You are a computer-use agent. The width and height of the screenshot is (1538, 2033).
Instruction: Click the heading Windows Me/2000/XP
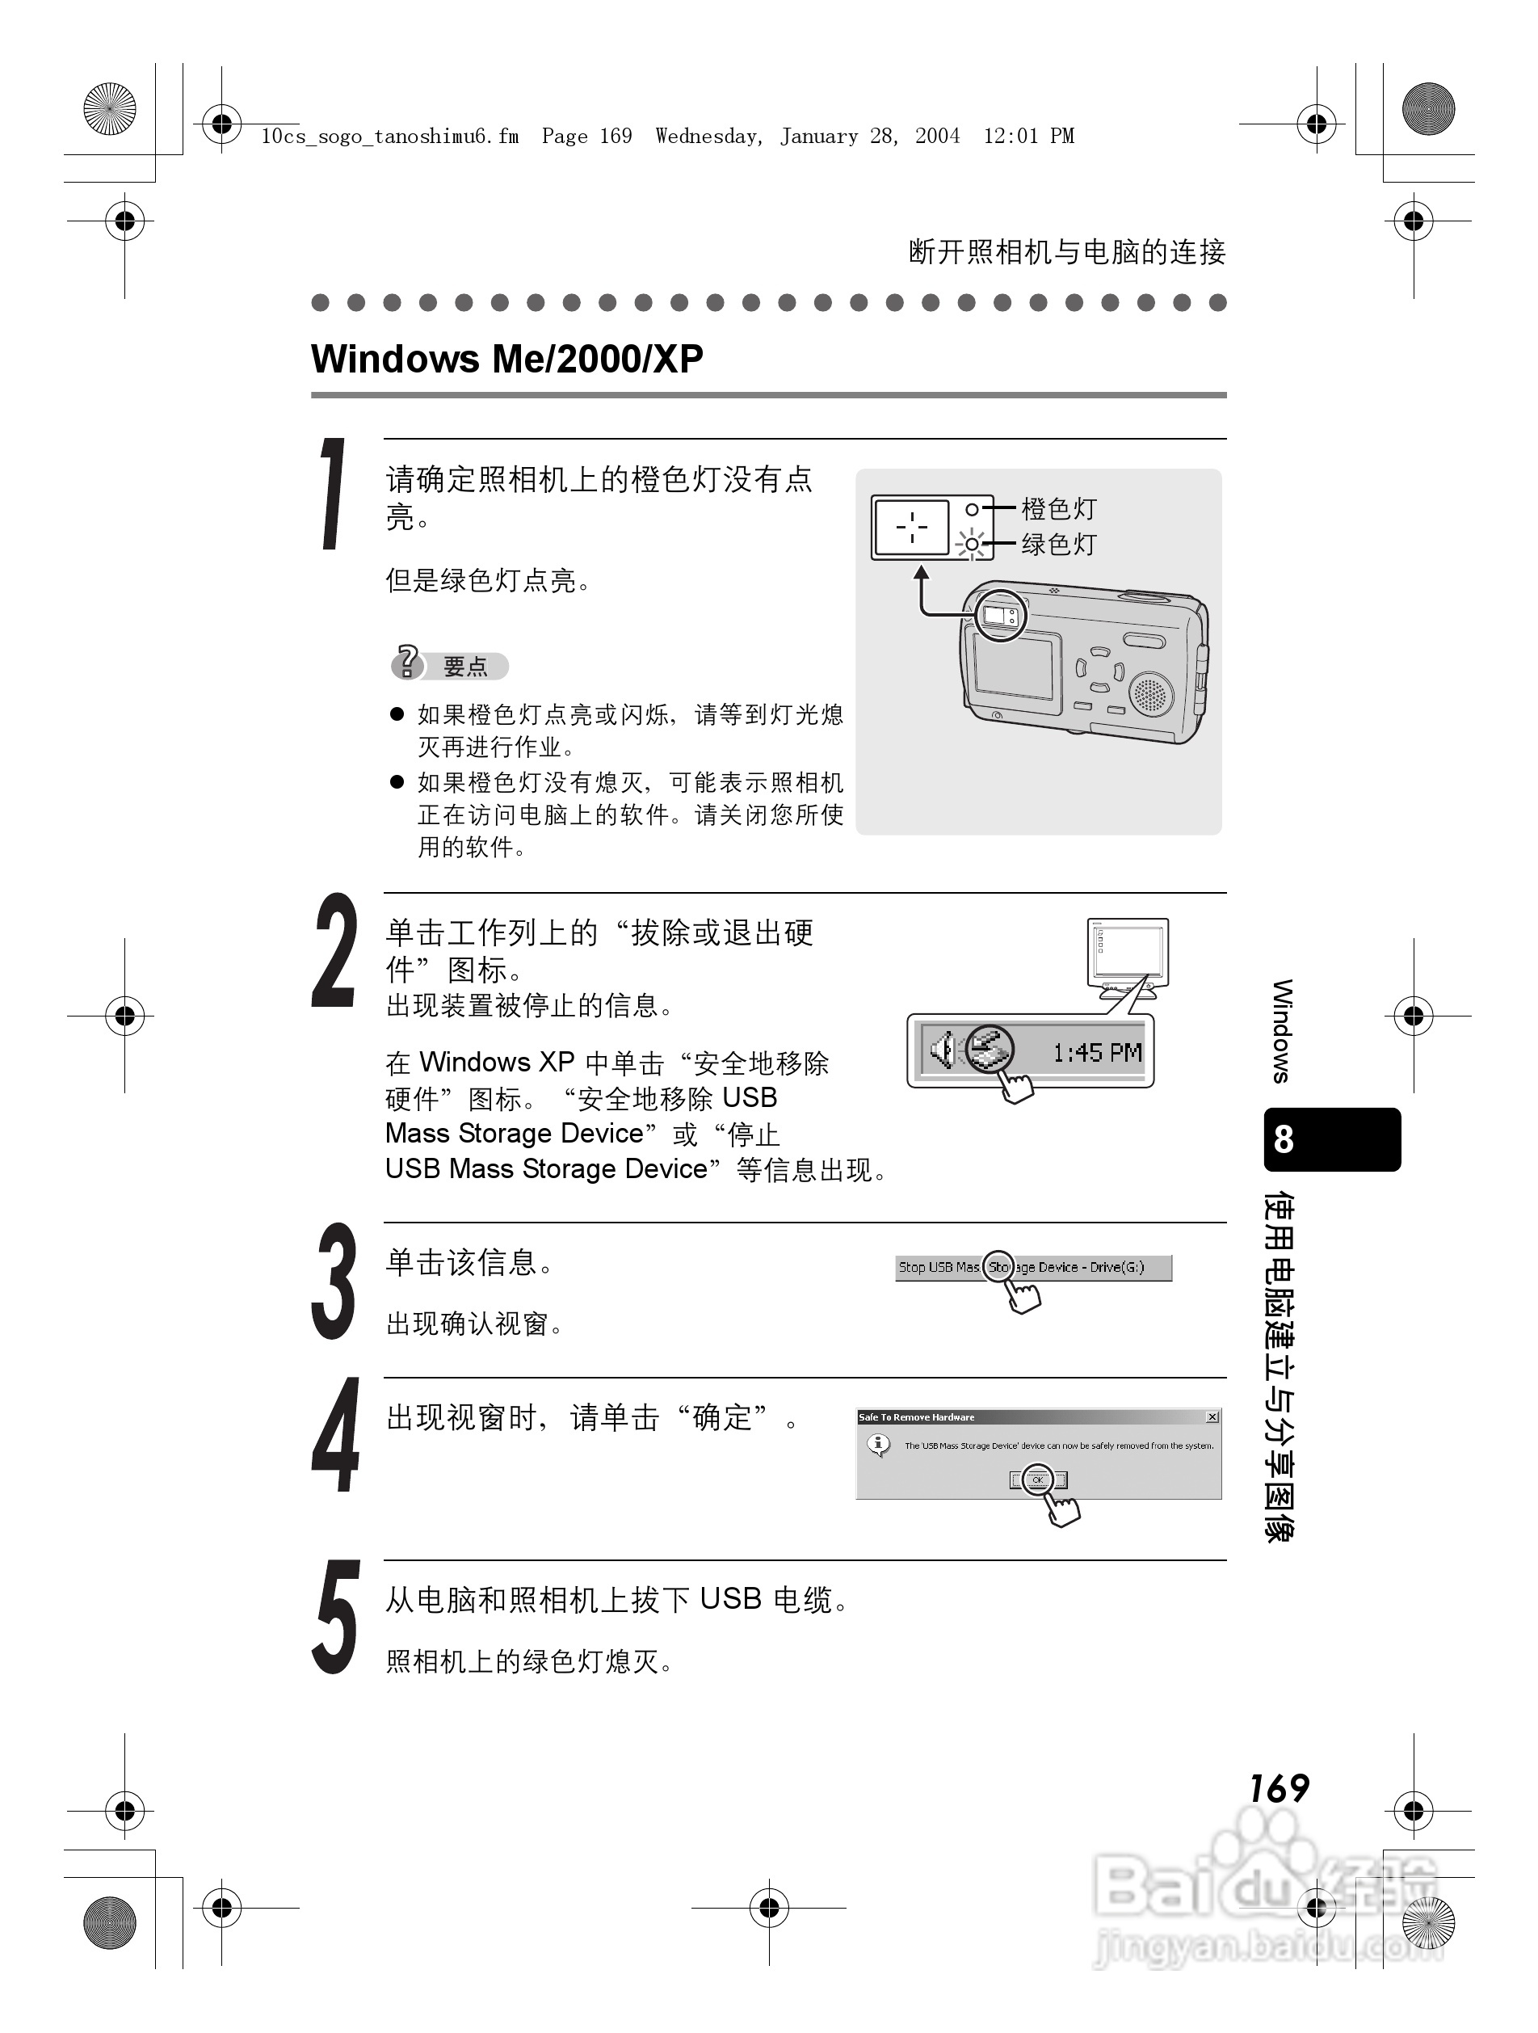507,359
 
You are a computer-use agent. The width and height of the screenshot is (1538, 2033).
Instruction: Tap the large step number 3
333,1282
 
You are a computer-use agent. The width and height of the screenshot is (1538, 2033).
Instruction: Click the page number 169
1278,1787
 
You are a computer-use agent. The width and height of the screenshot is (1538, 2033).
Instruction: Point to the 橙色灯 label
1058,508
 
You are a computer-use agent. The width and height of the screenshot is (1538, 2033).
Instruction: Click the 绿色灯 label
1058,544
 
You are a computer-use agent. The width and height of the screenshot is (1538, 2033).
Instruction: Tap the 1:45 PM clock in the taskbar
1097,1052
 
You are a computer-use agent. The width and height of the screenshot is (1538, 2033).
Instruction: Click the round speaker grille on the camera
1150,693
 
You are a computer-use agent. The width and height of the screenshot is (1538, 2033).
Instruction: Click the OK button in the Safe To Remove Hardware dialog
1038,1480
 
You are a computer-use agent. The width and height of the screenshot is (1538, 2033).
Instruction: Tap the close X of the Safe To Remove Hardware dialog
1212,1417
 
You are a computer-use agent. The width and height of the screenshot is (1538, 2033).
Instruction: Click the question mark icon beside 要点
407,662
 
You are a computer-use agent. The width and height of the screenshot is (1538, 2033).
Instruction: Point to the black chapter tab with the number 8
1331,1139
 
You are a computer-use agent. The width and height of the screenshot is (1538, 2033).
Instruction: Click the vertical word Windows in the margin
1283,1031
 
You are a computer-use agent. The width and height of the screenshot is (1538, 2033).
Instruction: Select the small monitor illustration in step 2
1128,956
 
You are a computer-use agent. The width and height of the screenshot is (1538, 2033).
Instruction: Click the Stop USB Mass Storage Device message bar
1034,1268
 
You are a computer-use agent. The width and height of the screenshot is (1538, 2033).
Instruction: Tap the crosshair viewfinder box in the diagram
910,528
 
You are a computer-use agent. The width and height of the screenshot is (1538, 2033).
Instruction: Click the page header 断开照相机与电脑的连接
1067,252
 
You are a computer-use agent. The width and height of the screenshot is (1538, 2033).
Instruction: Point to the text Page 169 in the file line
586,137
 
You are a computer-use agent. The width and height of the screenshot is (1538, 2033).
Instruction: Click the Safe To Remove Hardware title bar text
916,1417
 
